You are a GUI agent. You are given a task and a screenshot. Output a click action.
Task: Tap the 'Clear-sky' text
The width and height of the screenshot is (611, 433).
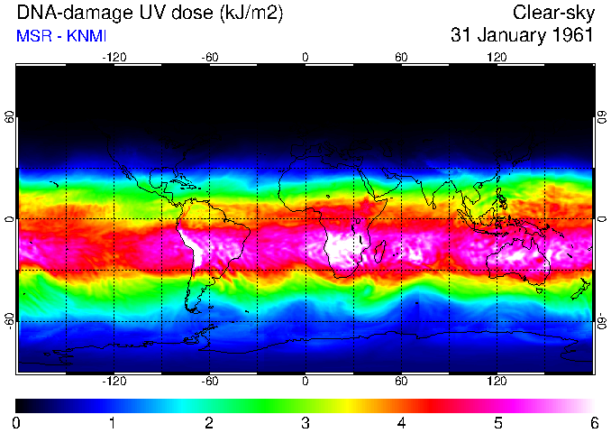[x=552, y=13]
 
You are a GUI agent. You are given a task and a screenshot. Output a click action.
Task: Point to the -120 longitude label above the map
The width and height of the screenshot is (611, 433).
[x=114, y=57]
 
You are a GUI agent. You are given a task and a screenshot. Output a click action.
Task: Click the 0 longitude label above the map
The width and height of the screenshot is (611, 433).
[x=305, y=57]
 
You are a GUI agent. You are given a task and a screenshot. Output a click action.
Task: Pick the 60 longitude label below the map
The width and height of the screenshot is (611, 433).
[x=401, y=382]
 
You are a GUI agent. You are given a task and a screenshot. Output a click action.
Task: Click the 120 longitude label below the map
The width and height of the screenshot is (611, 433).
[x=497, y=382]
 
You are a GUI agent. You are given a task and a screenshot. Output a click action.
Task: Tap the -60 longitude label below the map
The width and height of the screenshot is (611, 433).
[x=209, y=382]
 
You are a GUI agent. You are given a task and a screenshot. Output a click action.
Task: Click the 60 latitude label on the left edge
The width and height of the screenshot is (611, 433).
[x=10, y=117]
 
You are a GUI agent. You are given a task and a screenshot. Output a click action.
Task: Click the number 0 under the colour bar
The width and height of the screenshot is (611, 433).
[x=16, y=422]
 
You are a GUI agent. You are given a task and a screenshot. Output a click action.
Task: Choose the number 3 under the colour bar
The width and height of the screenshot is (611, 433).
[x=305, y=422]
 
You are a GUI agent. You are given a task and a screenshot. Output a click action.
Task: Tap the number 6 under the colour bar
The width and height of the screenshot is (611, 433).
[x=593, y=422]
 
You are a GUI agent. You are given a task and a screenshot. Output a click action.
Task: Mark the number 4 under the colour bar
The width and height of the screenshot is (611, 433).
[x=401, y=422]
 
